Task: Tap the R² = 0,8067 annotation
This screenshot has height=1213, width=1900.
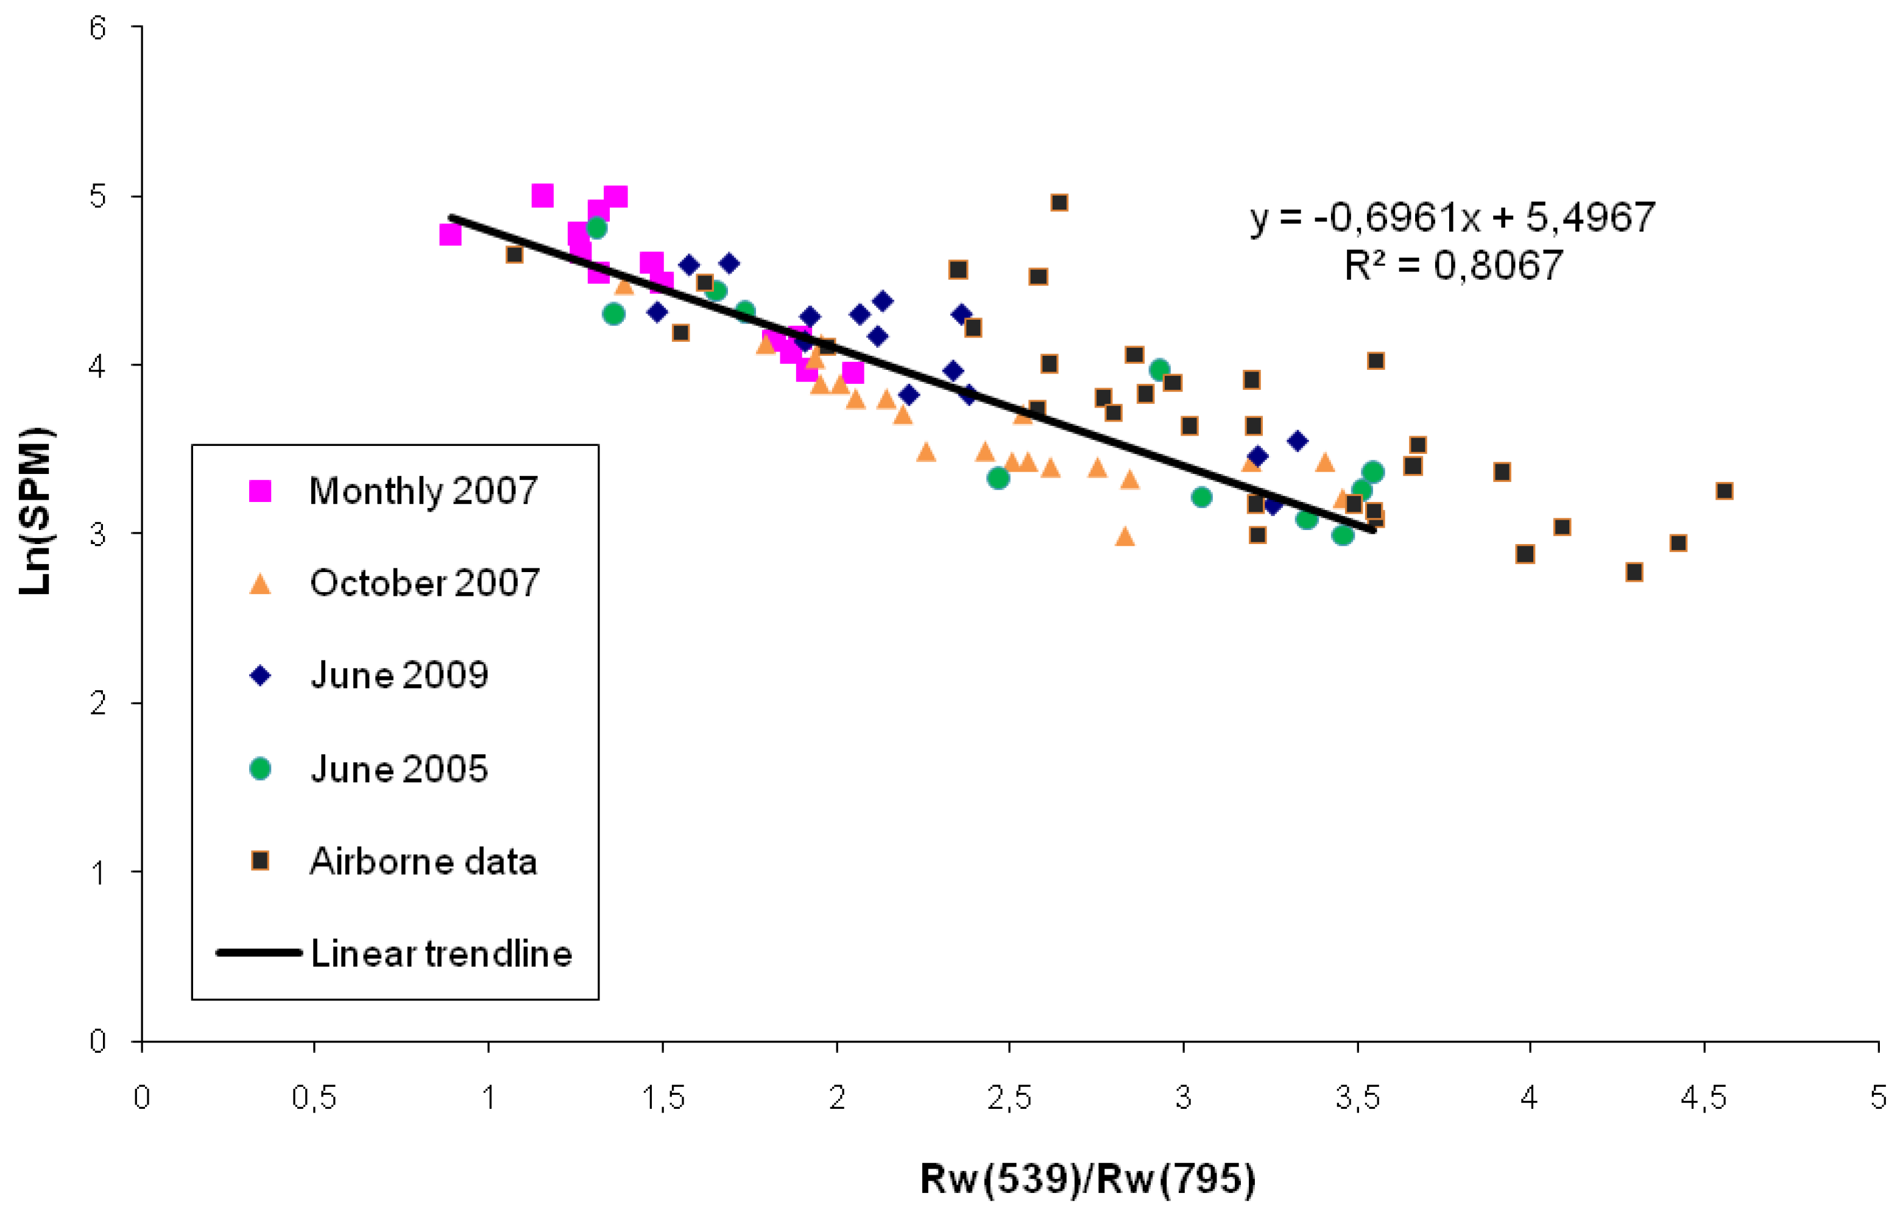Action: (1453, 265)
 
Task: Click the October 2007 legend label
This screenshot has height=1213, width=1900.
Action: (424, 583)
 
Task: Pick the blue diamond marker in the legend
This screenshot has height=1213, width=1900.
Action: (260, 676)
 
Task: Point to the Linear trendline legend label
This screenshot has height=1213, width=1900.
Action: (441, 953)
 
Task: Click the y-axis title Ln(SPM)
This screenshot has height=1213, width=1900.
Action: (35, 511)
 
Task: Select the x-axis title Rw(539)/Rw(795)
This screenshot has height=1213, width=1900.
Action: (1087, 1179)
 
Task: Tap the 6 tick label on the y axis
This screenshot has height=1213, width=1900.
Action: (97, 29)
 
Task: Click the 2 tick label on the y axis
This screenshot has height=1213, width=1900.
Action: (97, 703)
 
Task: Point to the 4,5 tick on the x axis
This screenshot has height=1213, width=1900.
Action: (1703, 1098)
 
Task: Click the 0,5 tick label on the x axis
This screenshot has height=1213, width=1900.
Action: (314, 1098)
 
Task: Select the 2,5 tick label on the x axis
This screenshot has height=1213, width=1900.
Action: (1009, 1098)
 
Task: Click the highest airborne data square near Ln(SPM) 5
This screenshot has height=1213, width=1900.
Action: (1059, 203)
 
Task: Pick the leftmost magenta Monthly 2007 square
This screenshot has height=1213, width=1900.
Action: (450, 235)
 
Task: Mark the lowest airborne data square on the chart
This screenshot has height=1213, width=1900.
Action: (1634, 571)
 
